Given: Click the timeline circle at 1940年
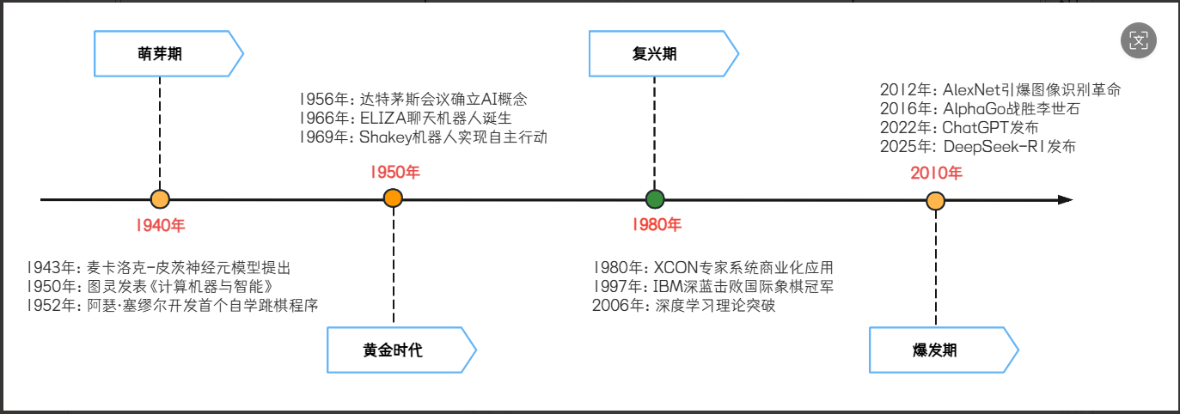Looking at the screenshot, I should point(160,200).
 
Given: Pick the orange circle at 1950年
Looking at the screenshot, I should point(394,200).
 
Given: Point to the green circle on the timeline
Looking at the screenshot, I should point(655,200).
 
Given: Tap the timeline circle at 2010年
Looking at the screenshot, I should point(936,201).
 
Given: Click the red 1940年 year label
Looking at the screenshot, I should point(160,227).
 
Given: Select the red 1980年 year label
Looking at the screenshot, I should point(655,226).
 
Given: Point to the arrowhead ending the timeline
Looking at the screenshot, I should point(1066,200).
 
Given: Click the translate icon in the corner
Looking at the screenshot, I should point(1139,40).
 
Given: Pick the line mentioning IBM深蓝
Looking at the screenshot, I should point(712,287).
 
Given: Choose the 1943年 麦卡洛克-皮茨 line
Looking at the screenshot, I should point(159,267).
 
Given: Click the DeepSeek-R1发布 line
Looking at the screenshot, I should point(977,147).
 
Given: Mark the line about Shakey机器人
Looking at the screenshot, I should point(423,137).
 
